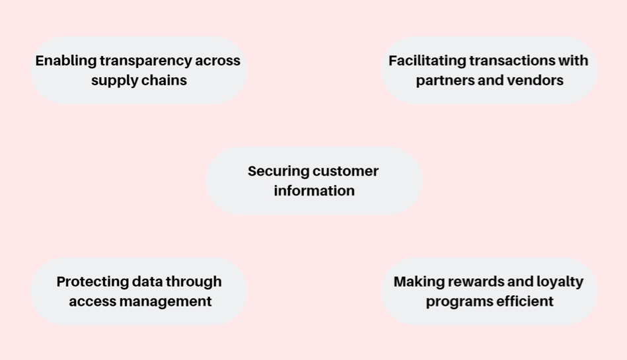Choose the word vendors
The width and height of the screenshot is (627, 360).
coord(535,81)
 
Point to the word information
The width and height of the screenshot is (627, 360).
coord(314,191)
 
